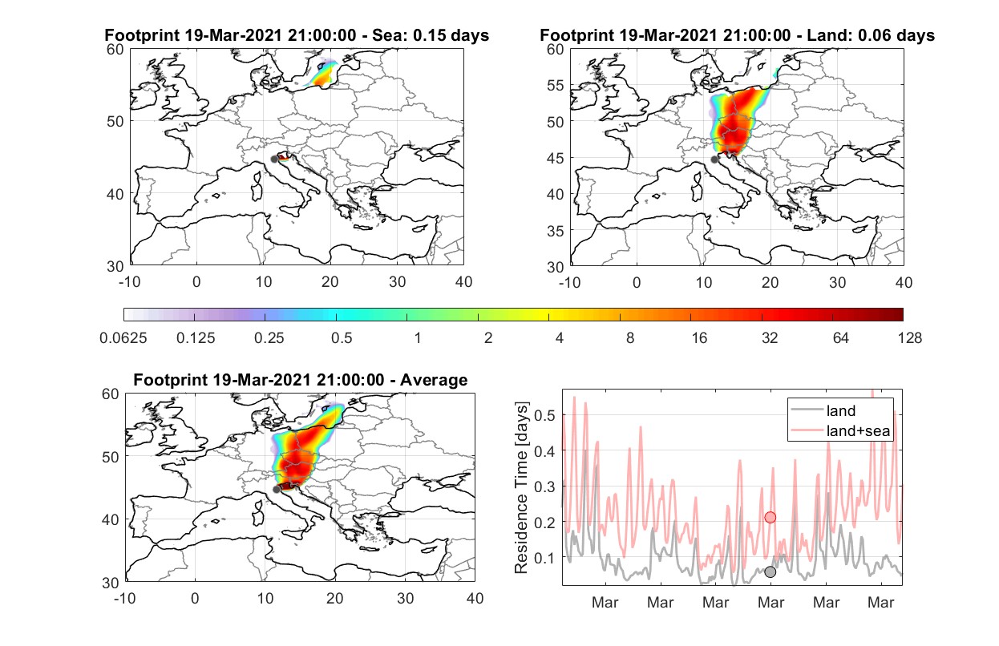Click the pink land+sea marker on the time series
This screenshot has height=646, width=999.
pyautogui.click(x=770, y=517)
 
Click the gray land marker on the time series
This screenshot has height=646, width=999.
pyautogui.click(x=770, y=572)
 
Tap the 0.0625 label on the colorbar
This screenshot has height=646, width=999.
pyautogui.click(x=123, y=338)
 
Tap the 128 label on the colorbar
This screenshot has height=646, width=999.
pyautogui.click(x=910, y=338)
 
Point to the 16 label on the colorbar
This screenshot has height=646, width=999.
pyautogui.click(x=699, y=338)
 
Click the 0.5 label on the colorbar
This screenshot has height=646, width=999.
pyautogui.click(x=342, y=338)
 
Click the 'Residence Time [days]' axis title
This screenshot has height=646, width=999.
pyautogui.click(x=521, y=487)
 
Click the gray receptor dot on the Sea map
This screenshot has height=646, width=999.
pyautogui.click(x=274, y=159)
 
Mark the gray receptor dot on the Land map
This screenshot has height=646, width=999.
pyautogui.click(x=714, y=159)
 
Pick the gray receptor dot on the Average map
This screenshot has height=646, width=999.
pyautogui.click(x=277, y=489)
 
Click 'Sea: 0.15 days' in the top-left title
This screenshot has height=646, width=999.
pyautogui.click(x=431, y=35)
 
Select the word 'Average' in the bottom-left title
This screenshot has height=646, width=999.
pyautogui.click(x=434, y=380)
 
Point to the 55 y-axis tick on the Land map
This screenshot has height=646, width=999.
pyautogui.click(x=556, y=85)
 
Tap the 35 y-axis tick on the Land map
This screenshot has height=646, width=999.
pyautogui.click(x=556, y=231)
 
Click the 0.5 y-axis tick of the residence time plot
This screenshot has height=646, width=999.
pyautogui.click(x=544, y=415)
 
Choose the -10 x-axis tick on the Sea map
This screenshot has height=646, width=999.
pyautogui.click(x=129, y=282)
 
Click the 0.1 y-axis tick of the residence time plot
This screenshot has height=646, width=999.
pyautogui.click(x=544, y=557)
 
